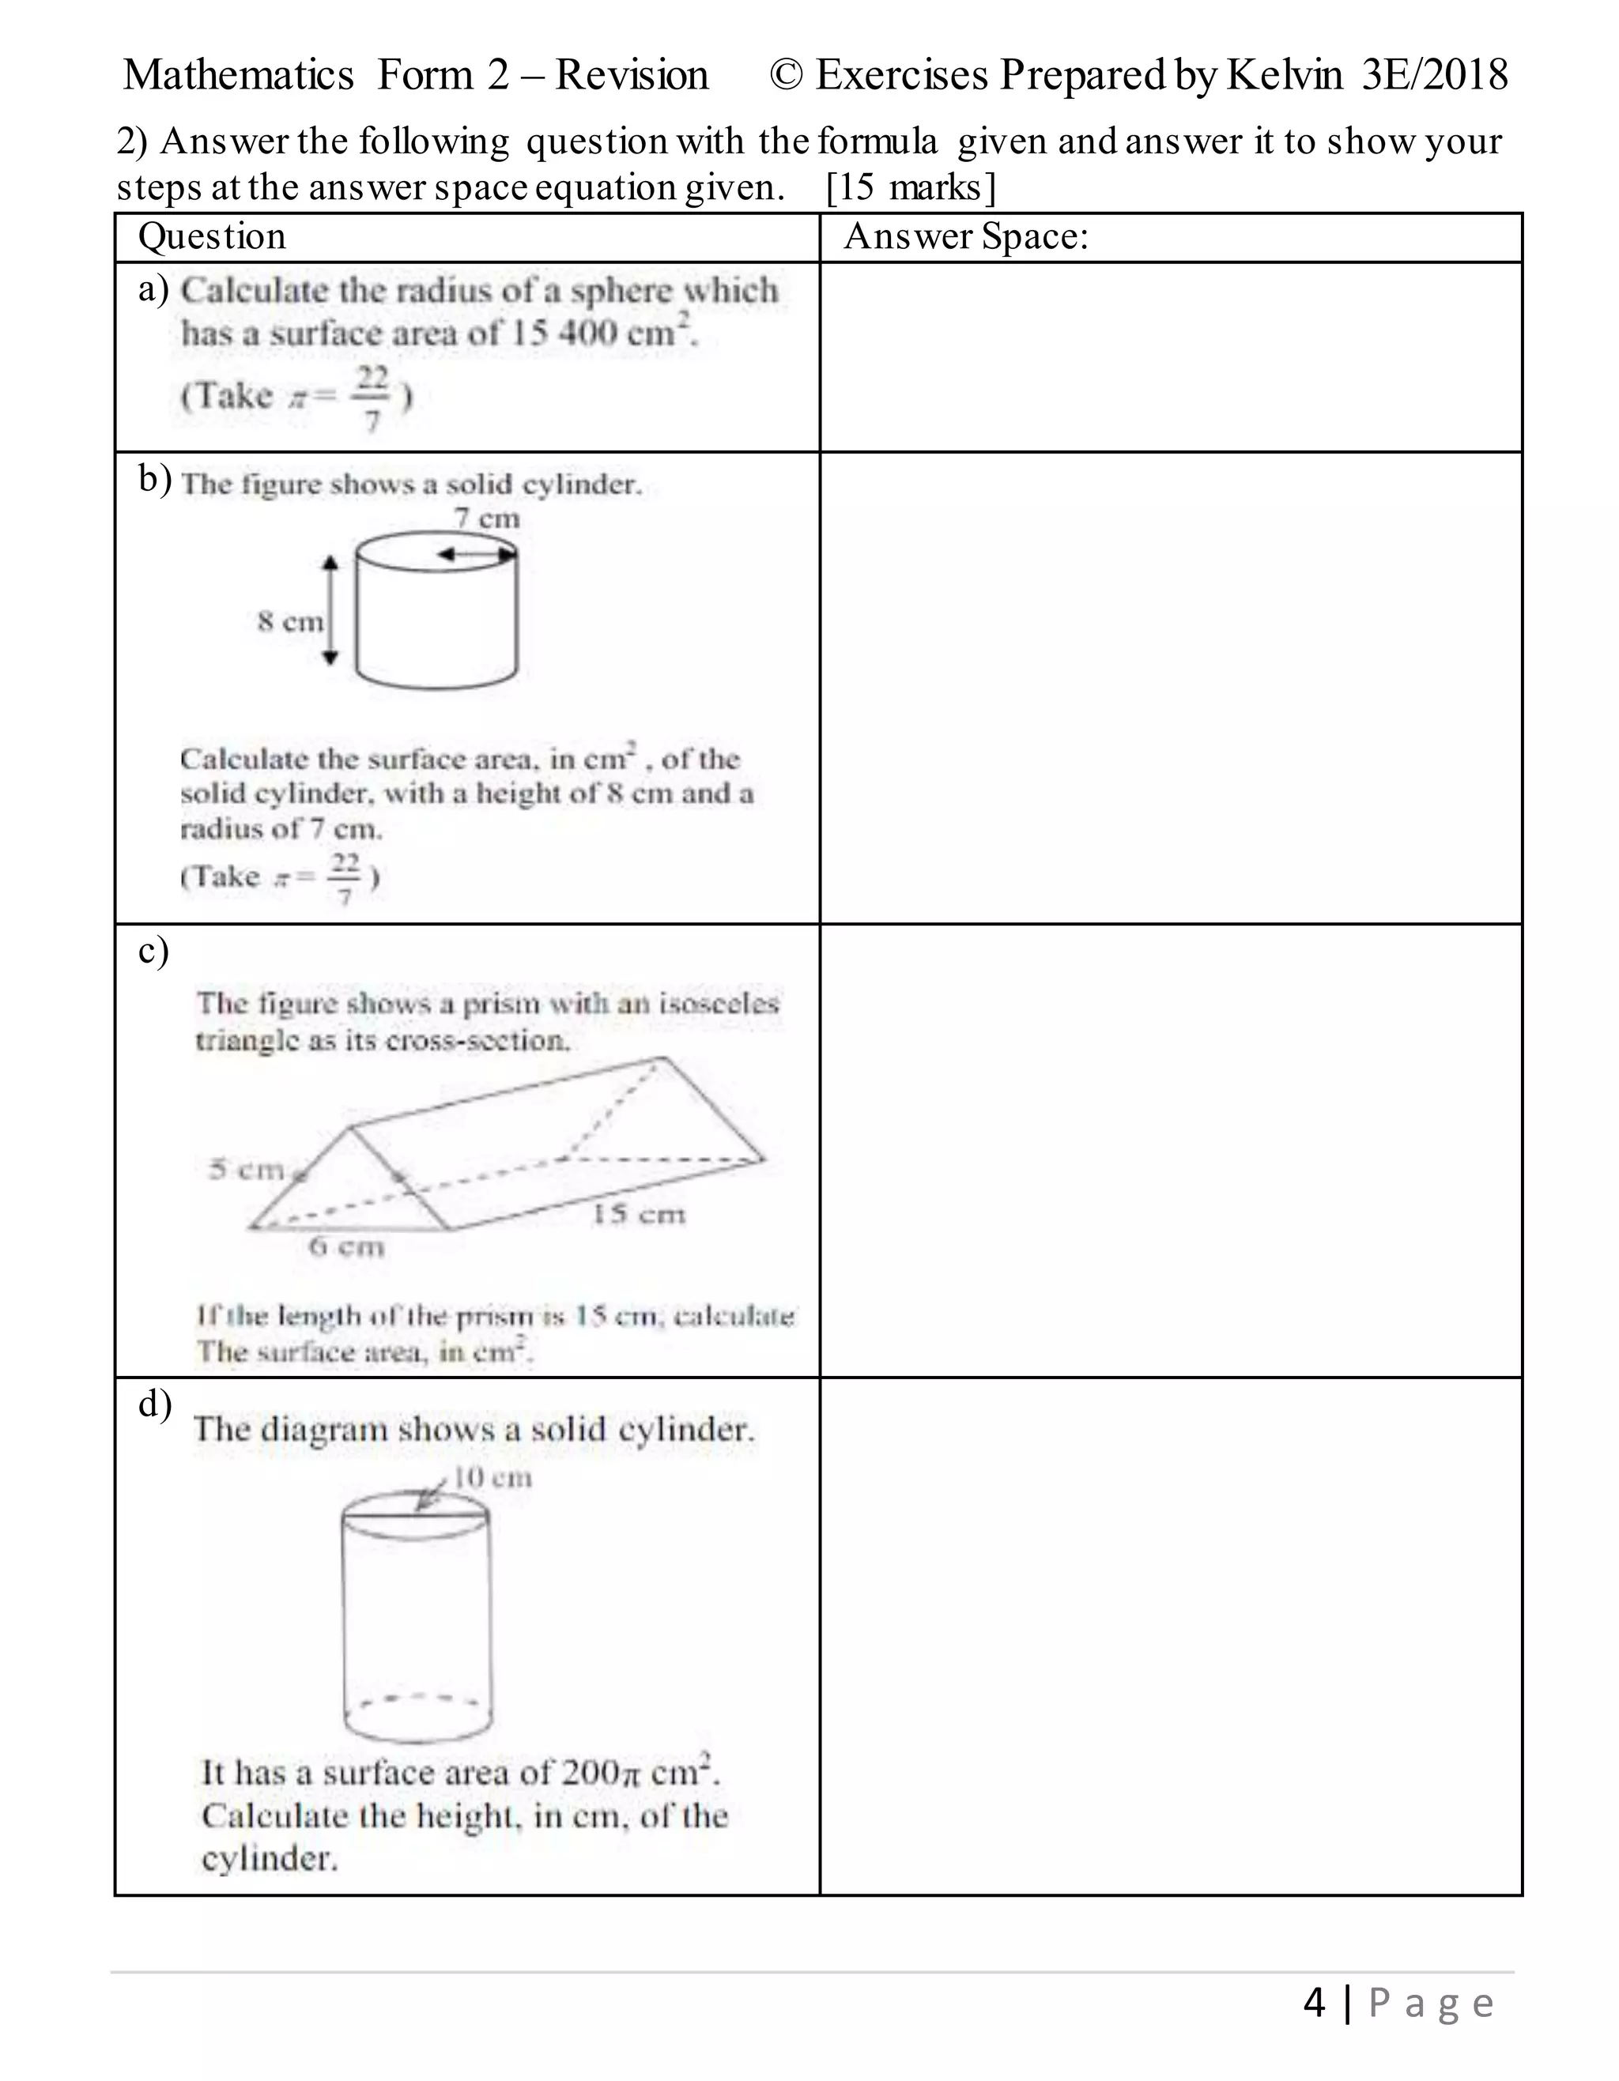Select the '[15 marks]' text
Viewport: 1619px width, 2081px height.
coord(910,188)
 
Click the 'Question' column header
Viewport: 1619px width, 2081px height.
coord(212,236)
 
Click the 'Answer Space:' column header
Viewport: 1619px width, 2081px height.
coord(965,236)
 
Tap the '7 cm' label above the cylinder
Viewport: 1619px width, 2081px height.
coord(487,518)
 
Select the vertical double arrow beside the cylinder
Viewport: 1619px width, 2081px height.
coord(330,611)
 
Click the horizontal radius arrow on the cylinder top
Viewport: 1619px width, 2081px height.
coord(476,553)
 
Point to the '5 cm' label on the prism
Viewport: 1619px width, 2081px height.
coord(247,1168)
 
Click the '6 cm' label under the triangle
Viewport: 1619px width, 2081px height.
coord(347,1246)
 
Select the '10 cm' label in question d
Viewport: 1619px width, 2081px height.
coord(492,1478)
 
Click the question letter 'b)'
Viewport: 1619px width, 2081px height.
coord(154,478)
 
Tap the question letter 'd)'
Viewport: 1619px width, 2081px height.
coord(154,1404)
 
